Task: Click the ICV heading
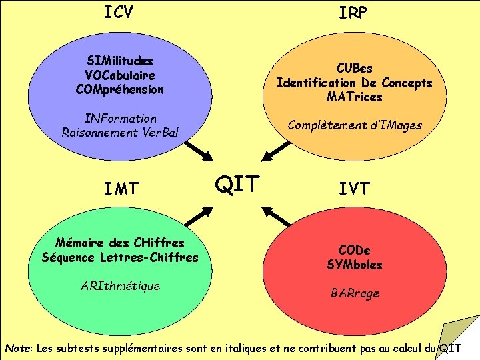pos(119,12)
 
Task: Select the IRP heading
pos(353,13)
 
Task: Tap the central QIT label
pos(237,183)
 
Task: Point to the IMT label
pos(121,189)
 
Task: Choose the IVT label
pos(354,189)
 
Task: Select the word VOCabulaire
pos(120,75)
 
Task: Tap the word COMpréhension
pos(120,89)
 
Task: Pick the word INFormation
pos(121,118)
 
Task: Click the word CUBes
pos(354,69)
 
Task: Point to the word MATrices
pos(355,97)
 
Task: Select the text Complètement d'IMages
pos(355,125)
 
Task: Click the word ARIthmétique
pos(120,286)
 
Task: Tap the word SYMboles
pos(355,265)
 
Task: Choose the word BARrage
pos(355,293)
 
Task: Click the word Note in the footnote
pos(19,348)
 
